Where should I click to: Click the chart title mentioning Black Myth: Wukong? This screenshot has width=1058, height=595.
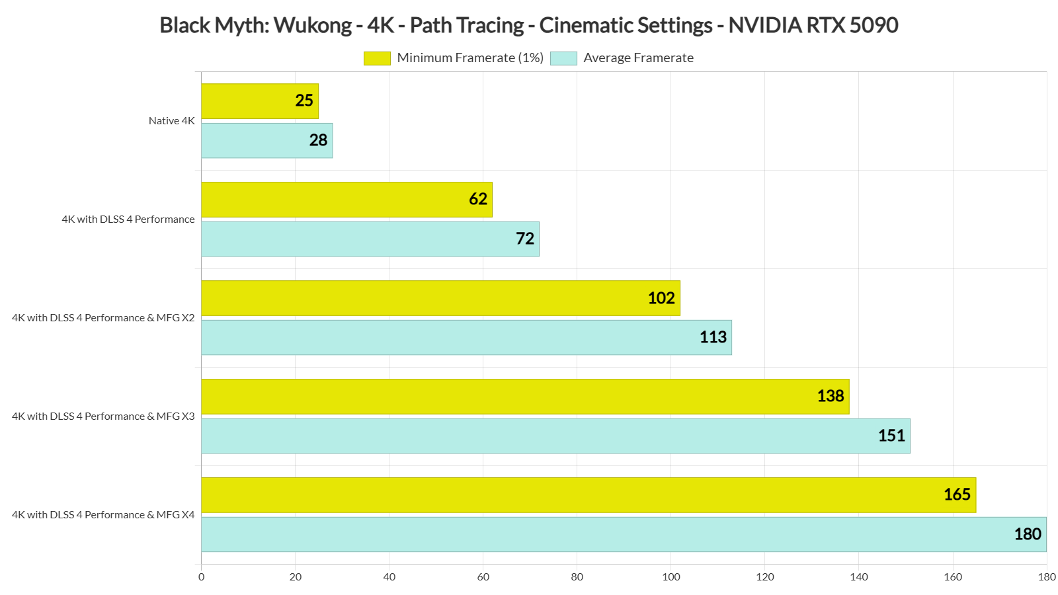point(528,25)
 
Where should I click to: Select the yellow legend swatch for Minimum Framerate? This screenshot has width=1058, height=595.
point(377,58)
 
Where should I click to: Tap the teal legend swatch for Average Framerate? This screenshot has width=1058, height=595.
point(563,58)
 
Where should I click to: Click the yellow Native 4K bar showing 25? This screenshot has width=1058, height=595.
point(259,101)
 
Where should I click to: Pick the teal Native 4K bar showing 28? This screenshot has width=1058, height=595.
point(266,140)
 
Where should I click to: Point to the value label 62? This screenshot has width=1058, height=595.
point(478,199)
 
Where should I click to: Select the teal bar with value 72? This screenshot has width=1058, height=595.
point(370,239)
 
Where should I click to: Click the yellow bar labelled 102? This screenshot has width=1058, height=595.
point(440,298)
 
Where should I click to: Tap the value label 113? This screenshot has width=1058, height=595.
point(713,337)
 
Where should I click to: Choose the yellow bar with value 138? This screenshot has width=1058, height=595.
point(525,397)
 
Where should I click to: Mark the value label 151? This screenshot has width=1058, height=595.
point(891,436)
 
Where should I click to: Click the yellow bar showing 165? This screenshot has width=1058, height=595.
point(588,495)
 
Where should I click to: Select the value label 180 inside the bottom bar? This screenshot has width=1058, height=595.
point(1028,534)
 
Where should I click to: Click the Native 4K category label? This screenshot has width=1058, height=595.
point(172,121)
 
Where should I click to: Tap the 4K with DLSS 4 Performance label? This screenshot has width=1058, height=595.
point(128,219)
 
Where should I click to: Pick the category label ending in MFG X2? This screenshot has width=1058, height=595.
point(103,318)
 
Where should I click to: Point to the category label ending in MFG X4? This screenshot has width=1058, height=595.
point(103,515)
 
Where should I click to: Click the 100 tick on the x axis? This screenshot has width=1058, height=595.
point(671,577)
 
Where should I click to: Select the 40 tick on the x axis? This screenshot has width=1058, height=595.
point(389,577)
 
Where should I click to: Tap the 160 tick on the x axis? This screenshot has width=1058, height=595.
point(953,577)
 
